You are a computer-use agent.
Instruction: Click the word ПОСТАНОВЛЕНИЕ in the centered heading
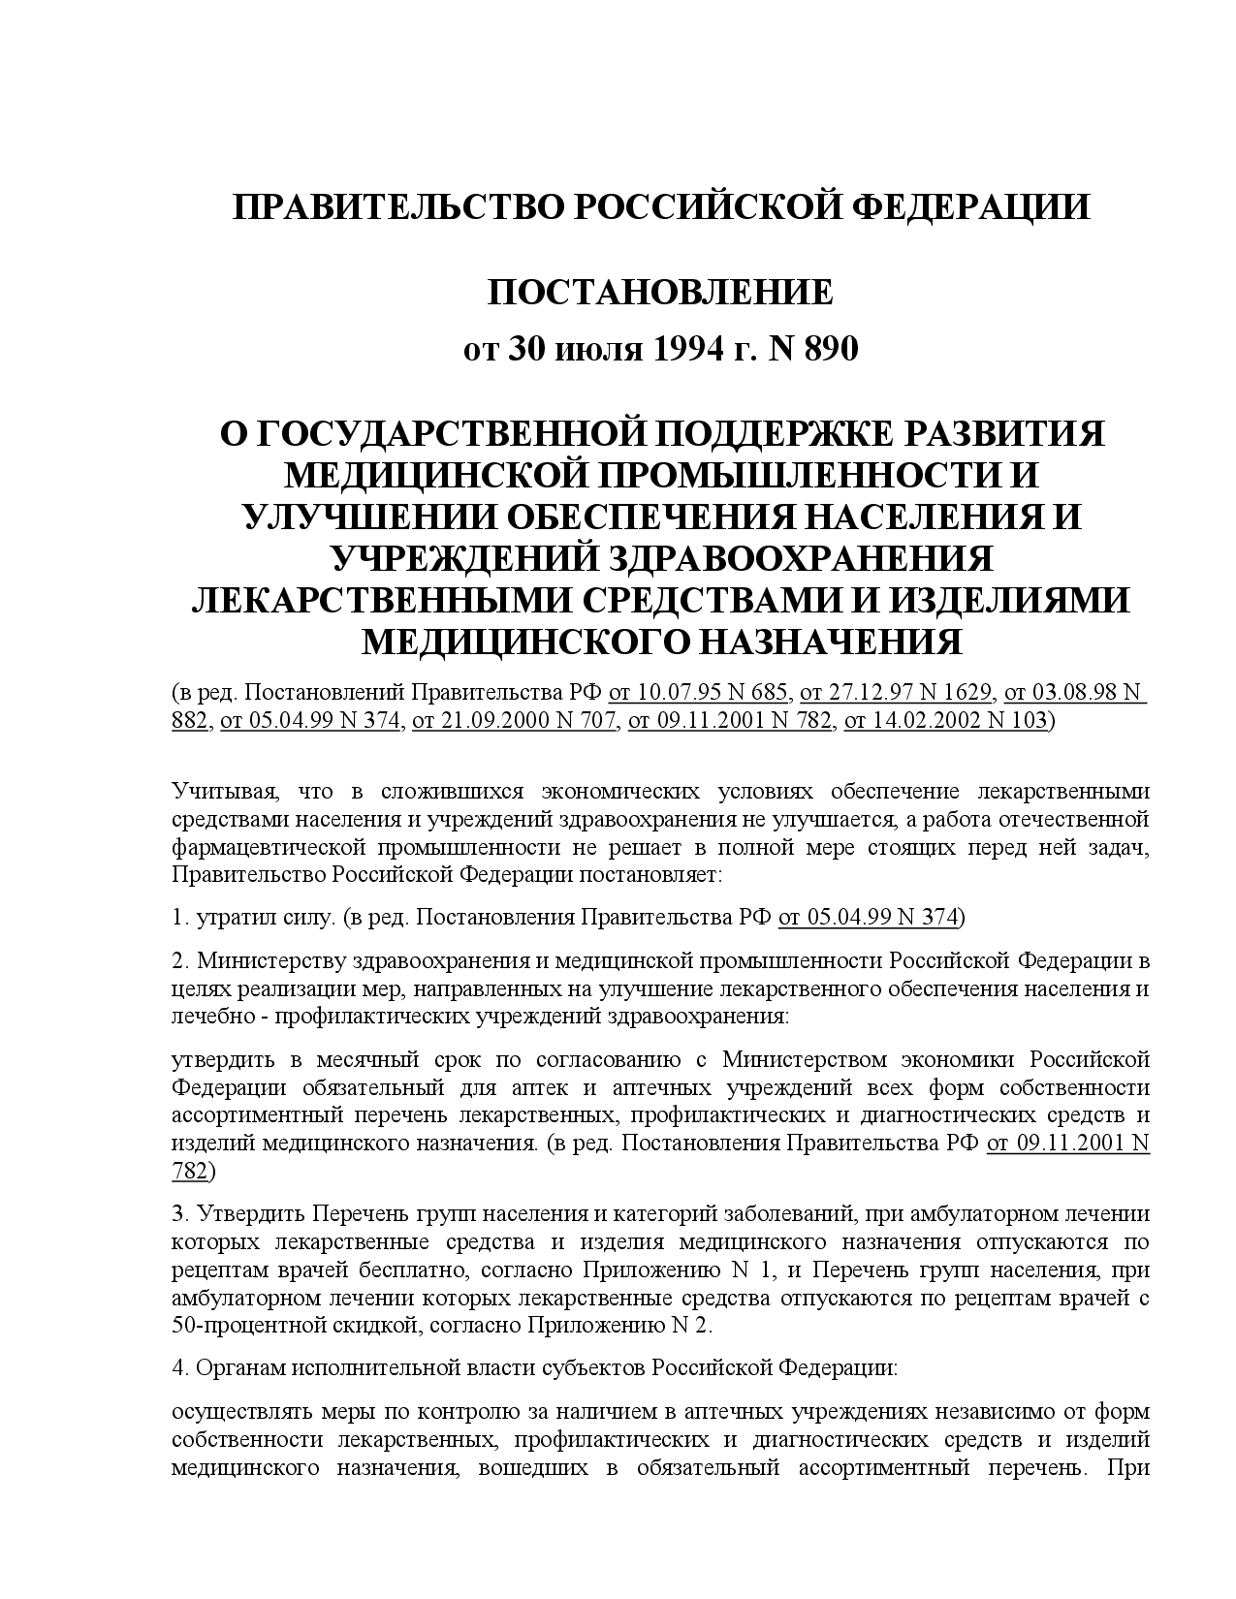(659, 293)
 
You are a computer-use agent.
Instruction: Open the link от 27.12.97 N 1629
(897, 692)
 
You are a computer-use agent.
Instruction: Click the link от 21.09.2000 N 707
(515, 720)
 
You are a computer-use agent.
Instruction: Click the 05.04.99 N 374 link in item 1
(869, 917)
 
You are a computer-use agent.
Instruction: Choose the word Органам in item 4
(237, 1368)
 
